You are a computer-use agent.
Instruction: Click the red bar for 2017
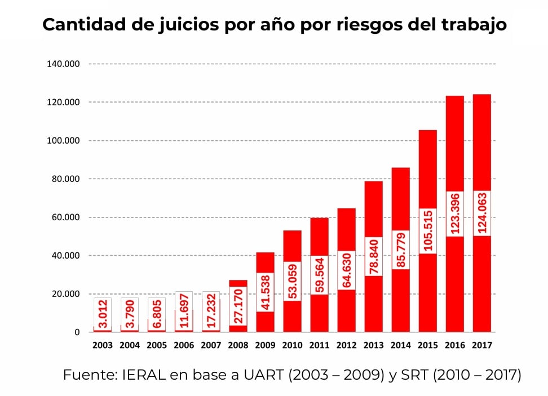481,141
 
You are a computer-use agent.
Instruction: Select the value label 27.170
238,306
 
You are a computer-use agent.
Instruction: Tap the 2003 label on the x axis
103,345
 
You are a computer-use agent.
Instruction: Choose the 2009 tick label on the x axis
265,345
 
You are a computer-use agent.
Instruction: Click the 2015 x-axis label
427,345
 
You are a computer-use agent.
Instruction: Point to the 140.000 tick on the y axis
63,64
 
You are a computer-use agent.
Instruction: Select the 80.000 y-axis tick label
65,179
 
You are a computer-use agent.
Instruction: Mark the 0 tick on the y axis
77,332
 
